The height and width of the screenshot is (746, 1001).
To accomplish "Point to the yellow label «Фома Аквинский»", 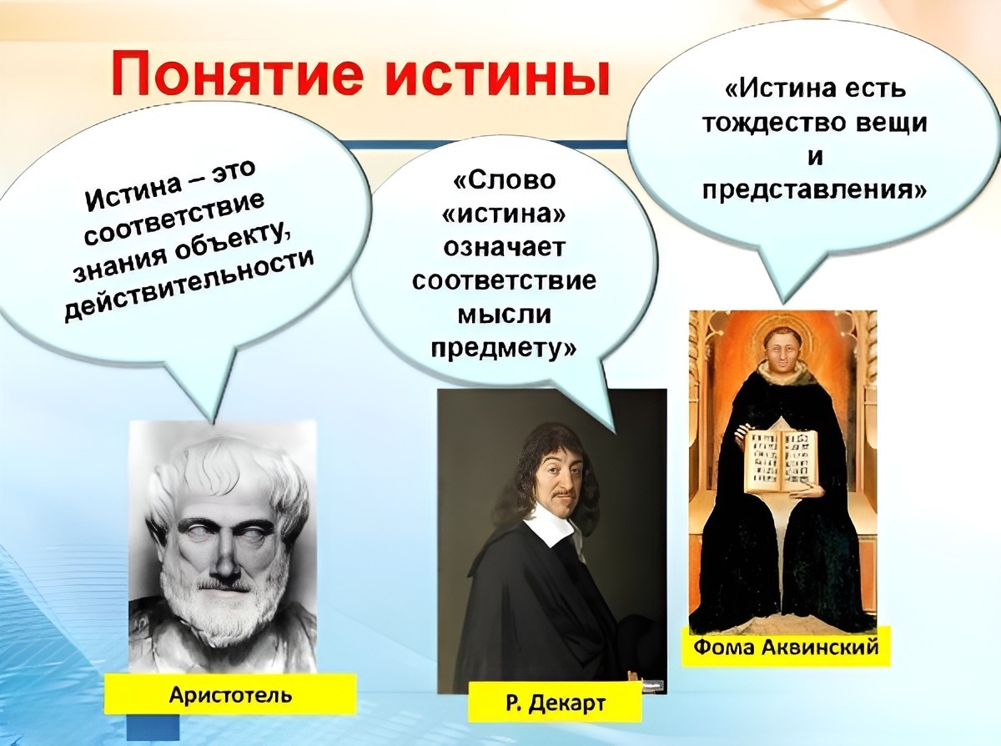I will tap(786, 647).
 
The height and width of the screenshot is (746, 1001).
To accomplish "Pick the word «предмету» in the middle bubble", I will tap(504, 345).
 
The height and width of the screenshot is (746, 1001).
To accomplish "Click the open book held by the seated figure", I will tap(782, 457).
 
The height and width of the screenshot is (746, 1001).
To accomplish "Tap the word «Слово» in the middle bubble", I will tap(506, 181).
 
